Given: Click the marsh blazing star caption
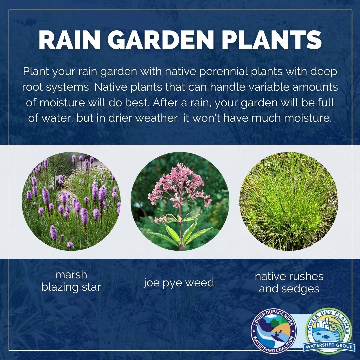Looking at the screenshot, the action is [x=71, y=281].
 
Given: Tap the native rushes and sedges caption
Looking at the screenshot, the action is [x=289, y=283].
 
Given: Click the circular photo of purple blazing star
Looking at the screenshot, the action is [x=71, y=201].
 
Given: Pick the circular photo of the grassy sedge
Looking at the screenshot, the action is [x=289, y=201].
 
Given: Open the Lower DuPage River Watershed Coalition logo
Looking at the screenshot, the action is [x=273, y=332].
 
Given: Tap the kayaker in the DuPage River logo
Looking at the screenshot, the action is [x=276, y=335].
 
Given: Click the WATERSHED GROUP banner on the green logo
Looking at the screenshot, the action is [x=329, y=346].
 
